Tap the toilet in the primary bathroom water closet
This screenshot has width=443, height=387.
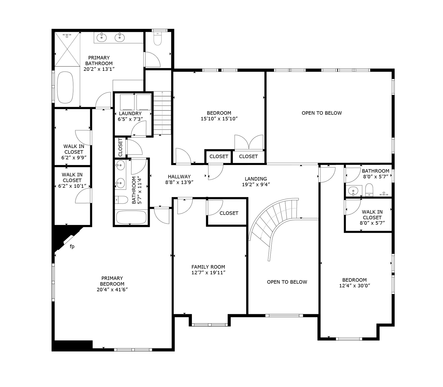[157, 39]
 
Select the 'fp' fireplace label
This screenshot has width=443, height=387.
[72, 246]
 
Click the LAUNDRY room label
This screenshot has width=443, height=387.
[130, 113]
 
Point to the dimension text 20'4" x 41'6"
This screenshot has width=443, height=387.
[112, 289]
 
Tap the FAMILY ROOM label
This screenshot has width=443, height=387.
[208, 267]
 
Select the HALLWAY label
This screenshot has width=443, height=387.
[179, 177]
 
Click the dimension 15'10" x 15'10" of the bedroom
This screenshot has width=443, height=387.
[219, 119]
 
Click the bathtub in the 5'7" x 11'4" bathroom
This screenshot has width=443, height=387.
[131, 217]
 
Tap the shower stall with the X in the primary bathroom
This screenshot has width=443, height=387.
[67, 49]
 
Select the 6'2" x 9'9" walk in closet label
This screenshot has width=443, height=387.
[74, 152]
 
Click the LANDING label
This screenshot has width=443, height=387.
[256, 179]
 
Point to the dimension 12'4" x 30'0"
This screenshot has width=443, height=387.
[354, 286]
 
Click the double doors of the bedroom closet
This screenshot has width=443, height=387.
[249, 143]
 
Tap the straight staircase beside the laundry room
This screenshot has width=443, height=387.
[162, 113]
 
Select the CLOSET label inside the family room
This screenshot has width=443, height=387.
[229, 213]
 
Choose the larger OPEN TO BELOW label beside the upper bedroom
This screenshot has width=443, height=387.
[322, 113]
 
